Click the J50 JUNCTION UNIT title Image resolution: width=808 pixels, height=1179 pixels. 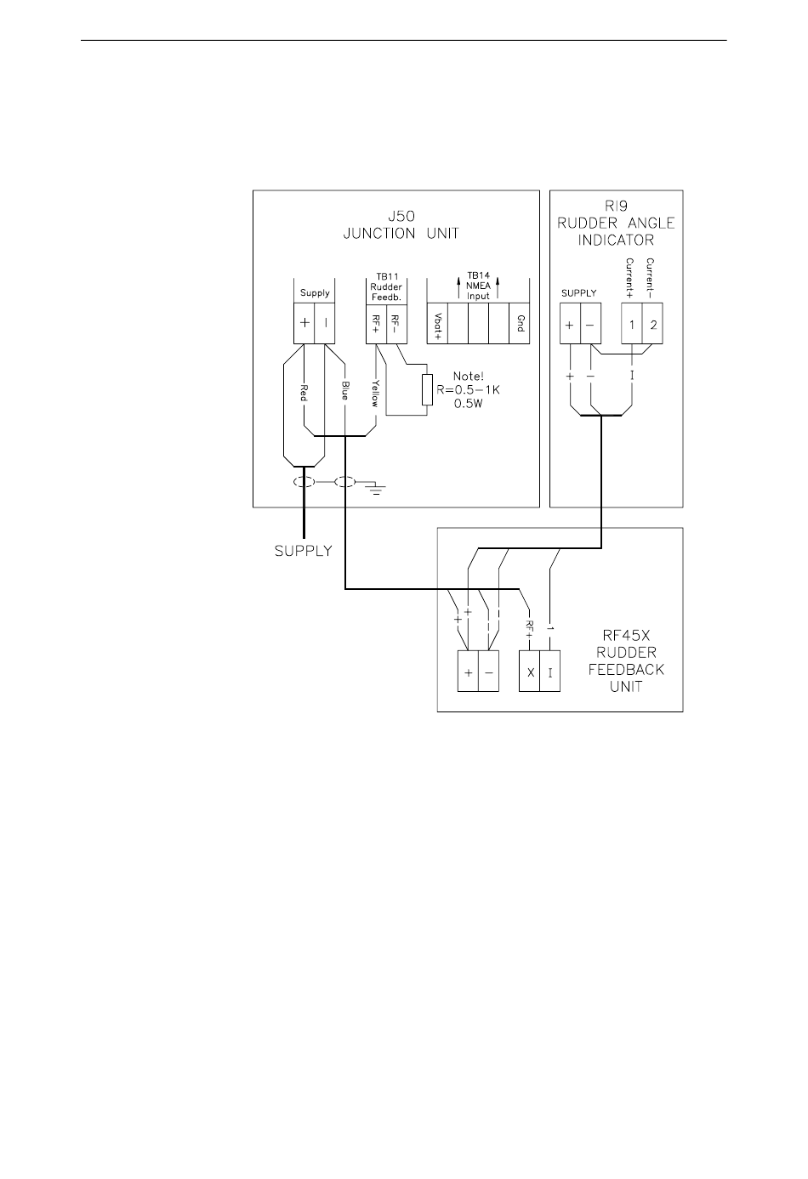[401, 224]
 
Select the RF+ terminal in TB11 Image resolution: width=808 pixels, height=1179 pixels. [376, 324]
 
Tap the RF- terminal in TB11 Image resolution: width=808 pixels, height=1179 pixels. [396, 324]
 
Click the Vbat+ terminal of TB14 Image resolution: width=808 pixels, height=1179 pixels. [437, 324]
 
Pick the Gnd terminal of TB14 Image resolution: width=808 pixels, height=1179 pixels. [520, 324]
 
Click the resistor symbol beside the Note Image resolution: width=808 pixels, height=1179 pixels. [427, 390]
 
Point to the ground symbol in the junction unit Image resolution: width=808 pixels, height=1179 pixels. [376, 490]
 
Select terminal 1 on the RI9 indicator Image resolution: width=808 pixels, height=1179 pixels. [632, 324]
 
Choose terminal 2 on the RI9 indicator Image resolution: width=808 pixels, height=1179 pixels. [652, 324]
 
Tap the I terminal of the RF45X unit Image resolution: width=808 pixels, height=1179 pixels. [550, 672]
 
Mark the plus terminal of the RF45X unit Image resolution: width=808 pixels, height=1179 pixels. [468, 672]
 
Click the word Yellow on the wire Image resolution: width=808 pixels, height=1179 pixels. [375, 394]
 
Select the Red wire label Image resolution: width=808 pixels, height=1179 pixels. [304, 392]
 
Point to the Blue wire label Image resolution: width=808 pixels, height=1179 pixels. [345, 390]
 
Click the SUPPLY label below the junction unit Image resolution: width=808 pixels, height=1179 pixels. [304, 551]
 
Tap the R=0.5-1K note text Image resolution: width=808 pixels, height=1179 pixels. [469, 390]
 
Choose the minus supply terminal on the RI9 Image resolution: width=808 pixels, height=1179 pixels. [590, 324]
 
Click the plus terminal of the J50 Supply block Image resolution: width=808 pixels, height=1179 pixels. [304, 323]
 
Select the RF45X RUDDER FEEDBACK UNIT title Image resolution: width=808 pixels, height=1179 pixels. [626, 660]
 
